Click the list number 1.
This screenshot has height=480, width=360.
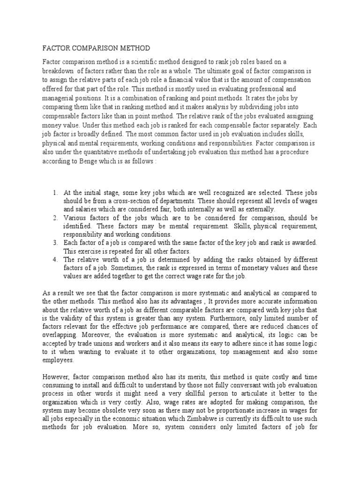tap(55, 193)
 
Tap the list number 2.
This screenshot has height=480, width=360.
tap(55, 218)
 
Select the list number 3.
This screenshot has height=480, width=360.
tap(55, 243)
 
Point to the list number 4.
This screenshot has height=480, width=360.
tap(55, 260)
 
